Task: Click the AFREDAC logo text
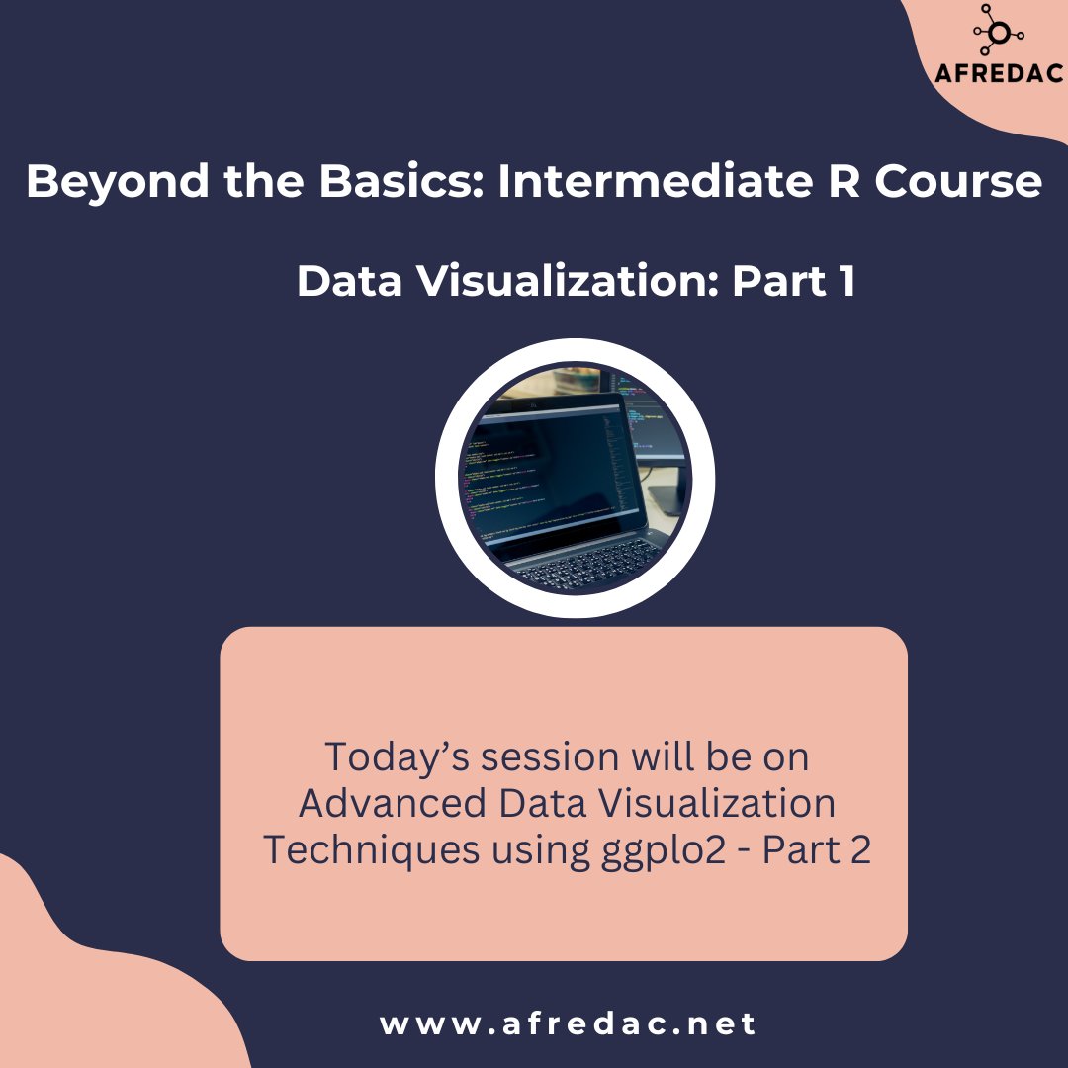pyautogui.click(x=1000, y=74)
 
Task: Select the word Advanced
pyautogui.click(x=392, y=803)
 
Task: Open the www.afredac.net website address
pyautogui.click(x=568, y=1023)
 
